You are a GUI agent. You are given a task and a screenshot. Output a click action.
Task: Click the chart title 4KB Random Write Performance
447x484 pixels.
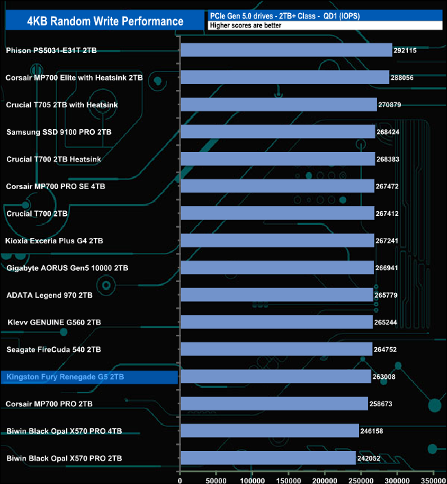[x=105, y=21]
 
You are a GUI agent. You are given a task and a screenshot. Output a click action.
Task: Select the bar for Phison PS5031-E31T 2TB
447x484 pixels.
[x=285, y=50]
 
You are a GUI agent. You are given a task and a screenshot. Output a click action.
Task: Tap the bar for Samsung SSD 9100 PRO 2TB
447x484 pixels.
[x=276, y=131]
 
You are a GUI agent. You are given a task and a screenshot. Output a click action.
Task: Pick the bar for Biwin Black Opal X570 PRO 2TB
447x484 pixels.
[x=268, y=458]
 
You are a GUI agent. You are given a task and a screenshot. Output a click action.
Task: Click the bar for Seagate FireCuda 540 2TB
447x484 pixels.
[x=276, y=349]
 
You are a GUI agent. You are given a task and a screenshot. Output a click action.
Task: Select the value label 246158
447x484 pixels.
[x=374, y=431]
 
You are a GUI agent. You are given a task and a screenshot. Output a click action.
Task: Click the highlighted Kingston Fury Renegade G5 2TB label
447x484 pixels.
[x=65, y=377]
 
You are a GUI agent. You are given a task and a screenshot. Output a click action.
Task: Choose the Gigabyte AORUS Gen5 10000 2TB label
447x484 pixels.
[x=67, y=267]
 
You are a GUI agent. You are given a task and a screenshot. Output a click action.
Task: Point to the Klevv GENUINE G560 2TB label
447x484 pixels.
[x=54, y=322]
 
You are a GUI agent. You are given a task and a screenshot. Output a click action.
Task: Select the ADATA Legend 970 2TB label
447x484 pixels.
[x=50, y=295]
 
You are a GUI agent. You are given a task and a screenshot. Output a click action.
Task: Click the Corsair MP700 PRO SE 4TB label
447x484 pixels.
[x=56, y=186]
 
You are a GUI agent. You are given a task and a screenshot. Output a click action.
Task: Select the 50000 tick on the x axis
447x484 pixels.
[x=216, y=476]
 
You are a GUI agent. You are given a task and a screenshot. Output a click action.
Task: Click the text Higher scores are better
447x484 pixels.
[x=246, y=26]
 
